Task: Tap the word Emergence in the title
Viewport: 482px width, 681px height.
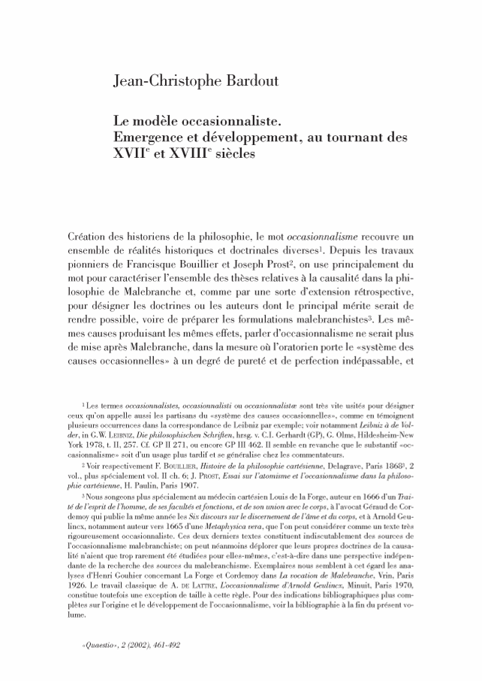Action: pyautogui.click(x=145, y=138)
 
